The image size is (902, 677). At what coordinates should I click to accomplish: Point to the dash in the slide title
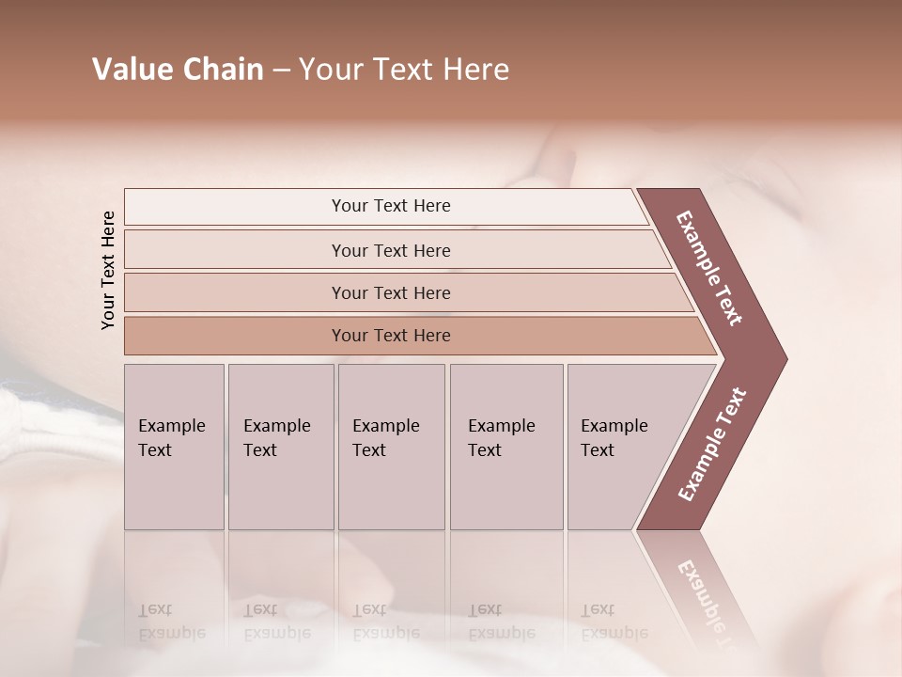tap(281, 71)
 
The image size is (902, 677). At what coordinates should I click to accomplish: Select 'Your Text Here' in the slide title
tap(404, 70)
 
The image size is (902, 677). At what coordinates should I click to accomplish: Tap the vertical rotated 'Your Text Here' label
tap(108, 270)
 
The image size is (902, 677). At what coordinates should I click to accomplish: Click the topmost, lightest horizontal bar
tap(391, 206)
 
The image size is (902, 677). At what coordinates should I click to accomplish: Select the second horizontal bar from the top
tap(391, 250)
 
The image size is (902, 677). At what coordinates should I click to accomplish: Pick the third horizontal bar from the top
tap(391, 292)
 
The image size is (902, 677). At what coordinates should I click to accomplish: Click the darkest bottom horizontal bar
tap(391, 336)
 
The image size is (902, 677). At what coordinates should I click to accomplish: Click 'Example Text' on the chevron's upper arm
tap(709, 268)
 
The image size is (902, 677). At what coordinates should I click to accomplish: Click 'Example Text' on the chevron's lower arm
tap(711, 445)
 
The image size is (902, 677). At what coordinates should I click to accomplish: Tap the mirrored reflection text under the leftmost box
tap(171, 622)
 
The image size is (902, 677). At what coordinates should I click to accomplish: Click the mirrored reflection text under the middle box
tap(385, 622)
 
